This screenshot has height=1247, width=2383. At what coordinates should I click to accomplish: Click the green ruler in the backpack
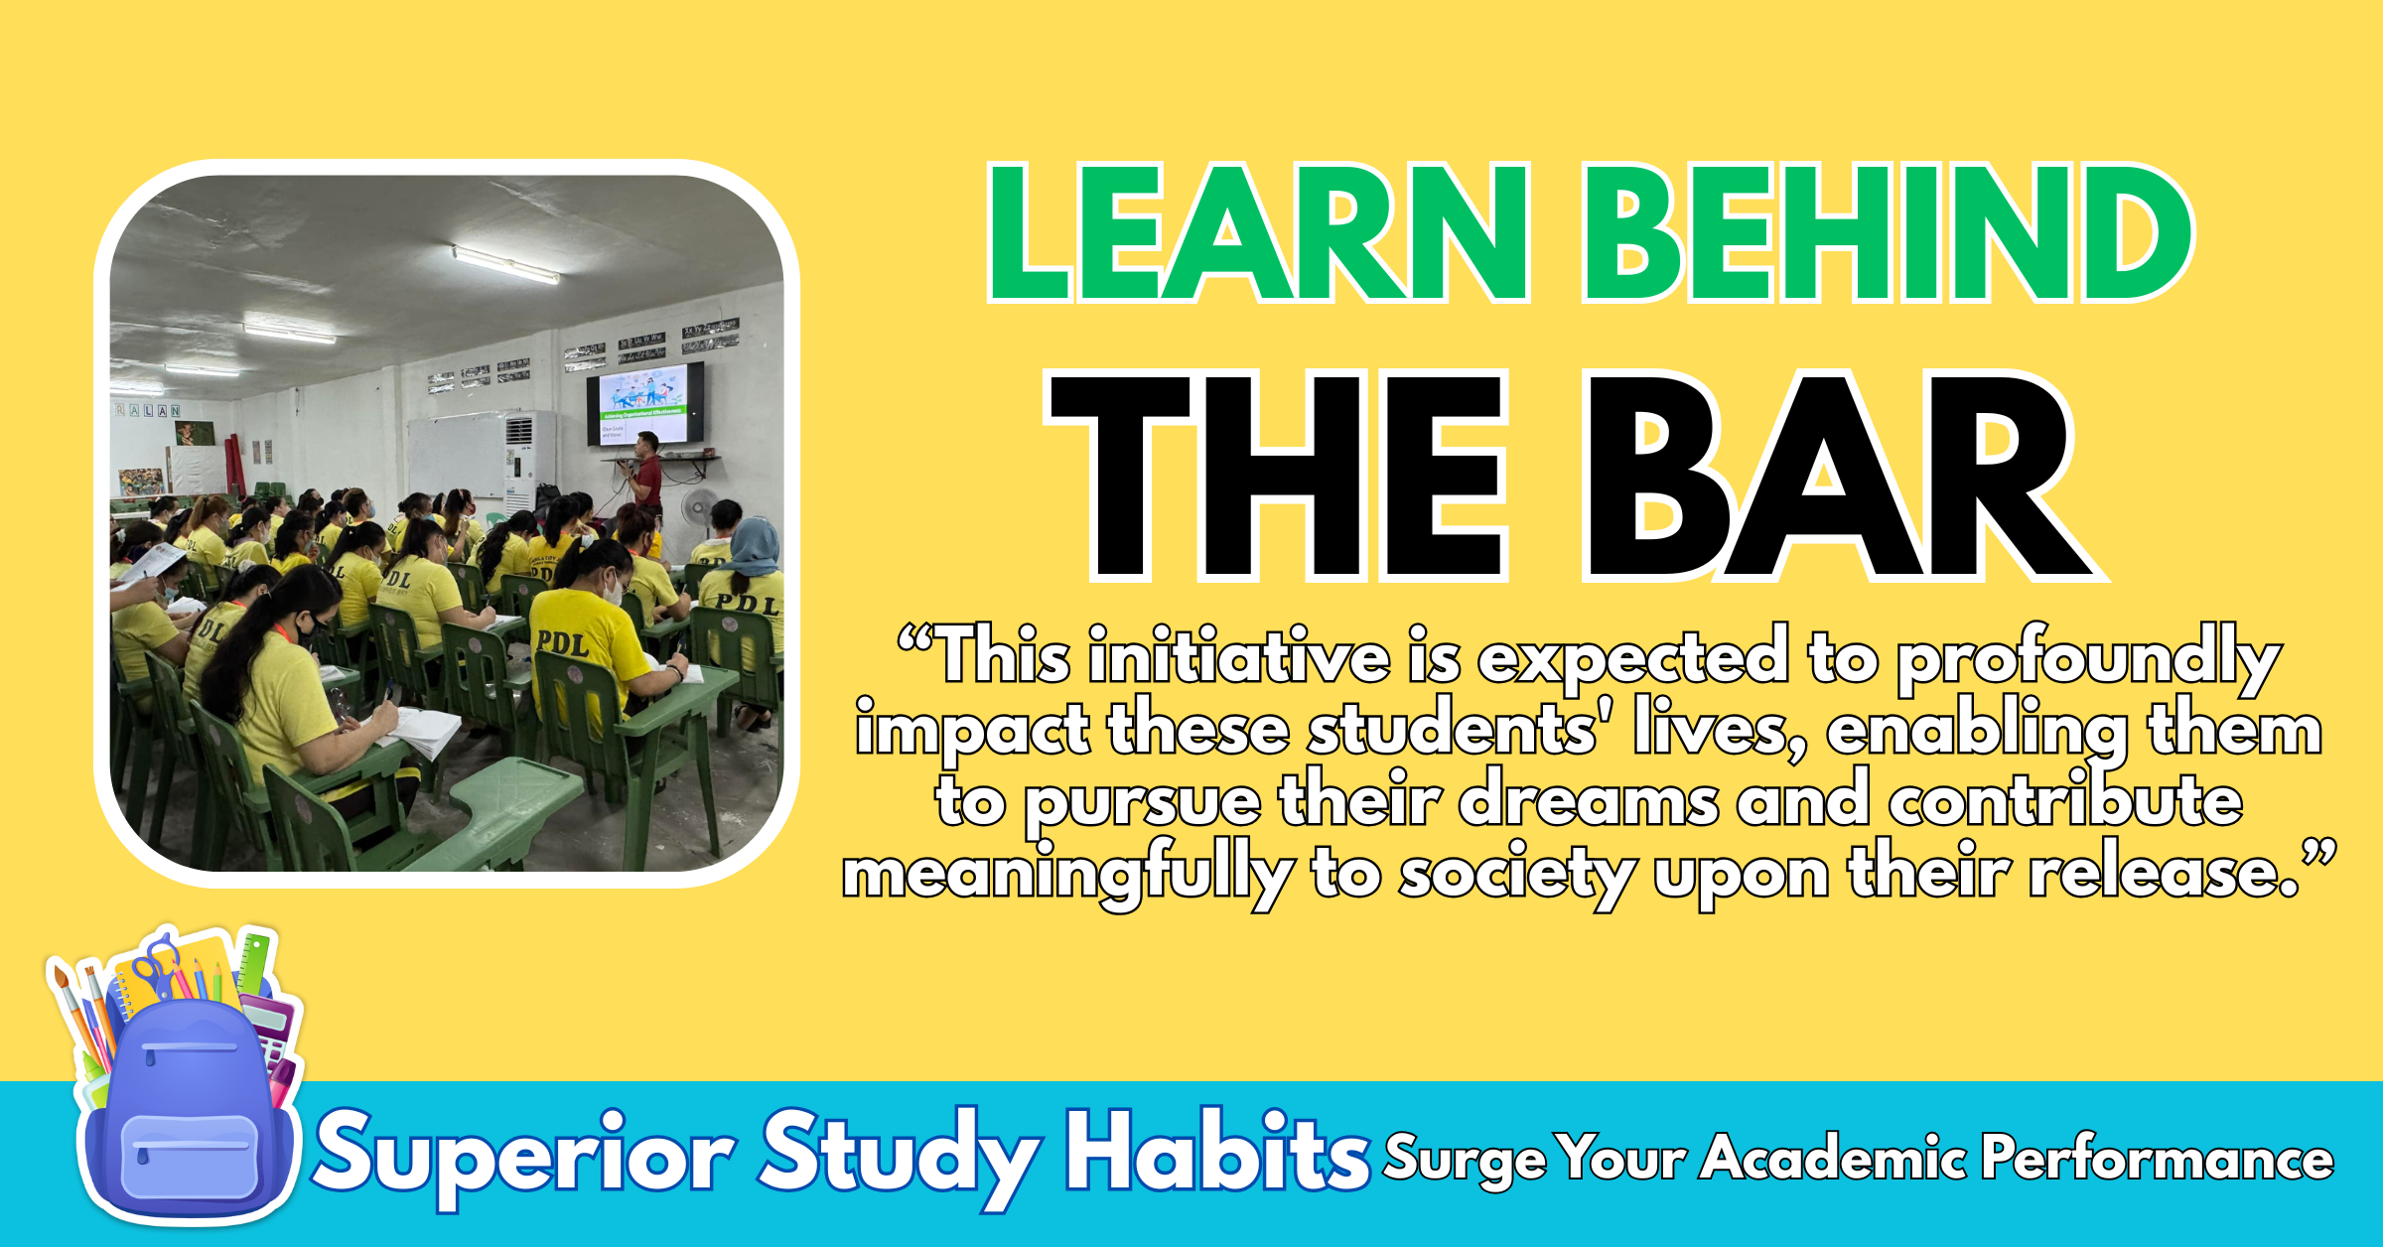255,962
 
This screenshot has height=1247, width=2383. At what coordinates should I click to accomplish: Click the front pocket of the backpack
190,1157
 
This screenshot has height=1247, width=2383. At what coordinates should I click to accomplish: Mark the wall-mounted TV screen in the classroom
645,403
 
